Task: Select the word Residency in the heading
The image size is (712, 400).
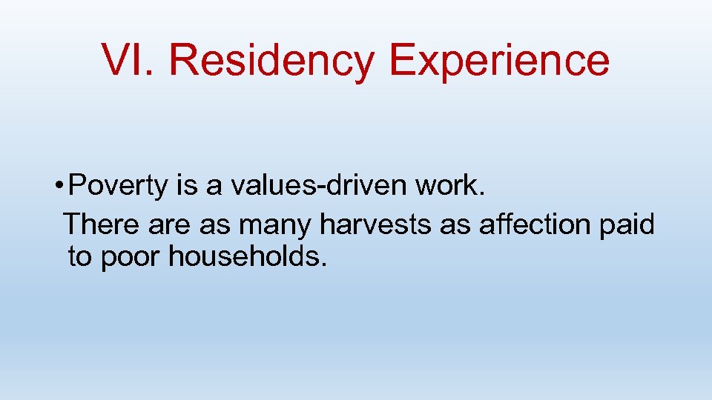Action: point(272,60)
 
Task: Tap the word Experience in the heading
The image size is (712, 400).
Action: point(499,60)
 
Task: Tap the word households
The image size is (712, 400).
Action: point(248,257)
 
